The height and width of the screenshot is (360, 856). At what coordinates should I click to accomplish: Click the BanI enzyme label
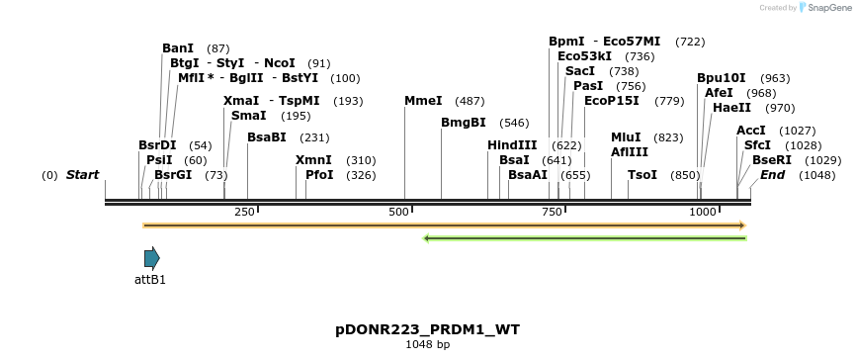178,47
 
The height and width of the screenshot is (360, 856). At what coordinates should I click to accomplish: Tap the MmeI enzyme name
423,101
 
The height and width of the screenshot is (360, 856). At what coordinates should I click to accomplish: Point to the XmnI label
313,159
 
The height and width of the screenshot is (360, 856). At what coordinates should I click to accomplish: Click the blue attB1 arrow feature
151,258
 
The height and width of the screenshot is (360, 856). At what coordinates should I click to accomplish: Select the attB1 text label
150,279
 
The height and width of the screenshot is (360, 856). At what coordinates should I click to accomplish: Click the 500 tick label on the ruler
399,212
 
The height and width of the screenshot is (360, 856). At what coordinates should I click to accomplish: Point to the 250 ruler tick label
244,212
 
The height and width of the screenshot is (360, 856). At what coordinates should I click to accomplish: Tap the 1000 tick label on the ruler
702,212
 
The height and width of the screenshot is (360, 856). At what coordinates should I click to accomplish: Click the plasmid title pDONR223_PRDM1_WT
428,328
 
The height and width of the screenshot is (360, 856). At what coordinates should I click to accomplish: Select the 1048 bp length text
428,344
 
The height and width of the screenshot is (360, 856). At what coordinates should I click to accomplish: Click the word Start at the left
82,175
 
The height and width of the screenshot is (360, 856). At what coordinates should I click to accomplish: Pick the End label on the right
772,175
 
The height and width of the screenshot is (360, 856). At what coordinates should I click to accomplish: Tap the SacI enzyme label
580,71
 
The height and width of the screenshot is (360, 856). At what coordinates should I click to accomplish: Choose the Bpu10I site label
722,77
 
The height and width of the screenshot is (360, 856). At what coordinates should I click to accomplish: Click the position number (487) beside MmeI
470,101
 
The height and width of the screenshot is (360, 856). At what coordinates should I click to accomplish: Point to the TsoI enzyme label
642,174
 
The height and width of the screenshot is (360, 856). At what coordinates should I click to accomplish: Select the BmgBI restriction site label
464,123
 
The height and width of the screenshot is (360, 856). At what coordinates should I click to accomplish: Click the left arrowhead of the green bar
426,237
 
